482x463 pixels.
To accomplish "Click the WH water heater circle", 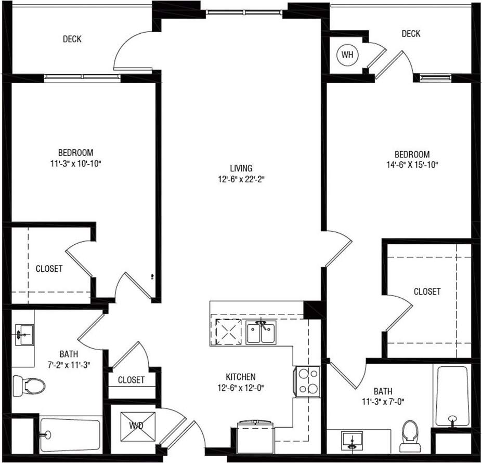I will (x=346, y=54).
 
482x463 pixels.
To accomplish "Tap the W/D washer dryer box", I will (x=137, y=426).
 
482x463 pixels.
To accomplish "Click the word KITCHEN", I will (x=240, y=377).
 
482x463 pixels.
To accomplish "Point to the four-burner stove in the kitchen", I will (x=307, y=382).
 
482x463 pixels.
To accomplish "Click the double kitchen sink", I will (x=262, y=333).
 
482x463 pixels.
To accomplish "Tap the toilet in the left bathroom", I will (x=29, y=385).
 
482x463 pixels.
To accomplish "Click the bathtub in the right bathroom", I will (x=452, y=395).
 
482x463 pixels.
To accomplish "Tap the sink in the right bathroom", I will (x=353, y=440).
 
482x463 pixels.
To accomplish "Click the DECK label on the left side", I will (x=72, y=39).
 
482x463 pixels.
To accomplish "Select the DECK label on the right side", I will (x=411, y=34).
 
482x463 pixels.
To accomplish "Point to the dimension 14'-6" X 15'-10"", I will (x=412, y=165).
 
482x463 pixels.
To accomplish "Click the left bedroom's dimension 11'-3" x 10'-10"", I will (x=75, y=163).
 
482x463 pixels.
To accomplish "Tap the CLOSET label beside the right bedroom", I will (x=427, y=292).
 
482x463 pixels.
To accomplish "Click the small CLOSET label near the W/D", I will (x=131, y=380).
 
